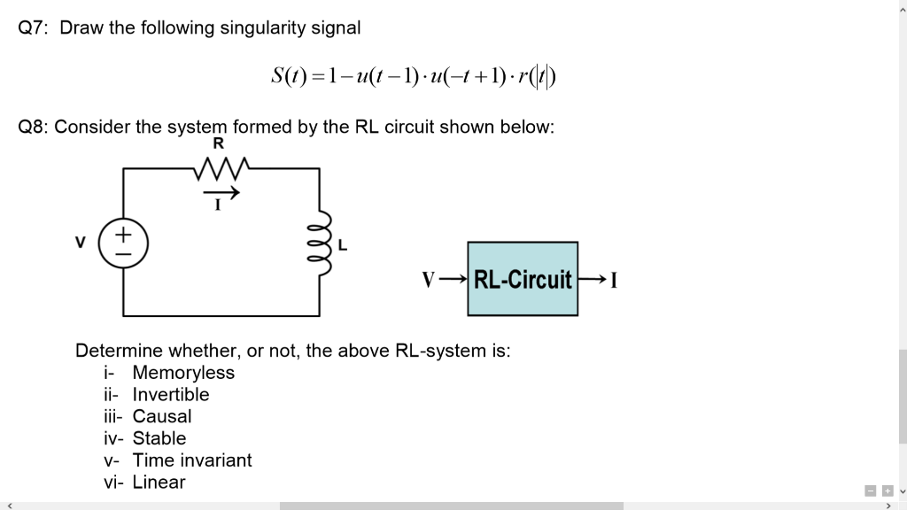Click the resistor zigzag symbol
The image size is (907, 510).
(219, 167)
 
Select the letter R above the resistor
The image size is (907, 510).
(219, 143)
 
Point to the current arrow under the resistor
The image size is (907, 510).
(221, 191)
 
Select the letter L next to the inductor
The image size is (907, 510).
(343, 244)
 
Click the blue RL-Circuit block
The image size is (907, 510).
(523, 280)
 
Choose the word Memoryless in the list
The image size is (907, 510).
(183, 373)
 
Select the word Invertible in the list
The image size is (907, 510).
(171, 395)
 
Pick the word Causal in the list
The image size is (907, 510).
(162, 416)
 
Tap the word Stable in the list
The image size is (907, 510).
(159, 438)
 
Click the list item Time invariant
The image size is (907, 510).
(192, 460)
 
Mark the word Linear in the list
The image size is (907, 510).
(159, 483)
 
